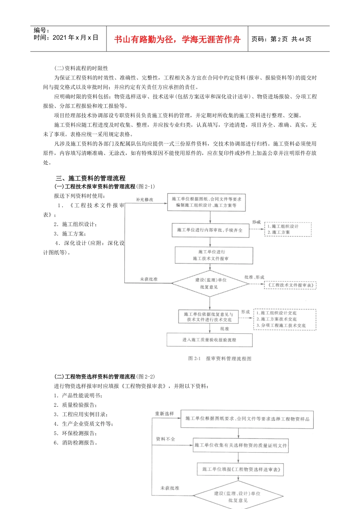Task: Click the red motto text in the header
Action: (x=177, y=39)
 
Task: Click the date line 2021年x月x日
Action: (x=66, y=37)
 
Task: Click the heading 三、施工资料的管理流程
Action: (x=91, y=178)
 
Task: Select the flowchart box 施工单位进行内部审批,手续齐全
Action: (x=210, y=230)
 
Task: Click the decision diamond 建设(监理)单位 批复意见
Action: (x=210, y=283)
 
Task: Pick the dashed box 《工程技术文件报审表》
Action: (x=290, y=285)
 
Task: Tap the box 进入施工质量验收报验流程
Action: (x=209, y=340)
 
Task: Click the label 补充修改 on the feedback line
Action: (x=145, y=199)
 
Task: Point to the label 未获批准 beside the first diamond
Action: (x=149, y=279)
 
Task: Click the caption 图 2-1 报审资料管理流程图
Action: (x=220, y=358)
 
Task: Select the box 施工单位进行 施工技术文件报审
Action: (x=213, y=255)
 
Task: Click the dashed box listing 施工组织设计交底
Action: (x=285, y=319)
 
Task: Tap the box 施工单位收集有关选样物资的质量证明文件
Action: (x=241, y=445)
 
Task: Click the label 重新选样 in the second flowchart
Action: (x=164, y=414)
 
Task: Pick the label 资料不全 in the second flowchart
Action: (x=166, y=439)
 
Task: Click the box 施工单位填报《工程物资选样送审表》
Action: (x=241, y=469)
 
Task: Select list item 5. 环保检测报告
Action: (x=75, y=433)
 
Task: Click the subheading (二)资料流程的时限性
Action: (x=81, y=68)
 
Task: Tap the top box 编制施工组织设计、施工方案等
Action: (x=207, y=202)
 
